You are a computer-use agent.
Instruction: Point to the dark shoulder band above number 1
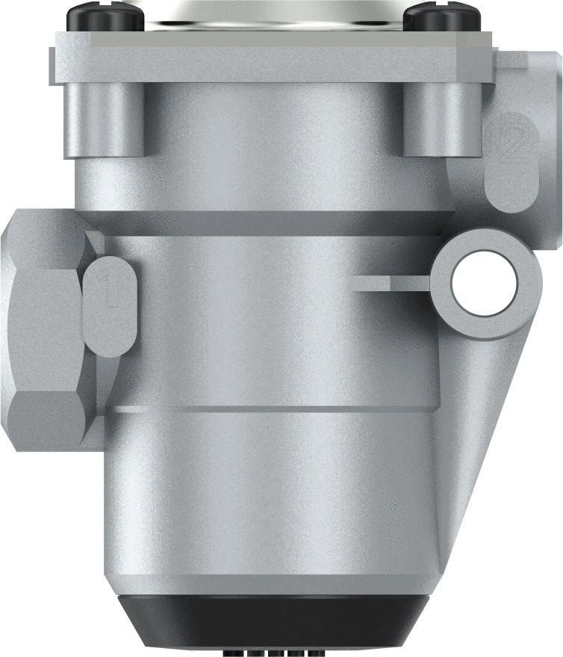tap(261, 222)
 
